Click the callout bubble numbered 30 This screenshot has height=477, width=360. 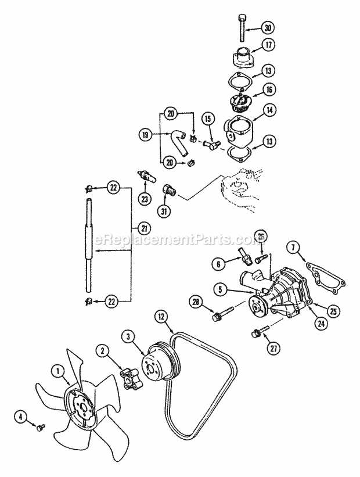[x=268, y=28]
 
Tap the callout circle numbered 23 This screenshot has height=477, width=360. [x=145, y=198]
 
